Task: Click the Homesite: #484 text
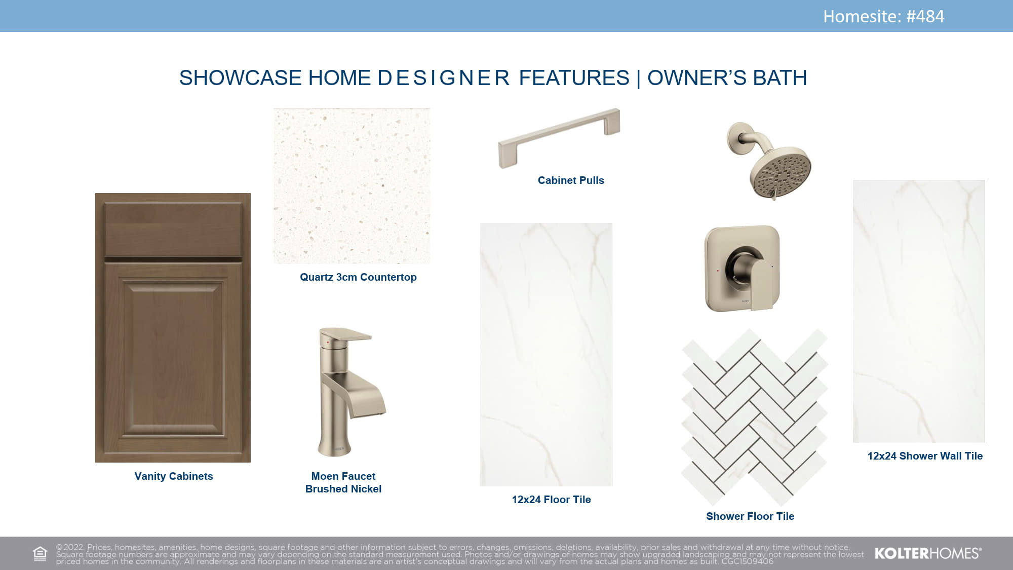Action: [x=883, y=16]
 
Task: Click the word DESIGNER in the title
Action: [x=444, y=78]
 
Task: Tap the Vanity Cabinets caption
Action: [x=174, y=476]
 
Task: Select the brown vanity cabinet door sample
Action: [x=173, y=327]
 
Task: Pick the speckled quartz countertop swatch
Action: [x=352, y=186]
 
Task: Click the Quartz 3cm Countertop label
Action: [x=358, y=277]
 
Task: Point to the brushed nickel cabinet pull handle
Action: [x=559, y=138]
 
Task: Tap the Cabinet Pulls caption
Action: [x=571, y=180]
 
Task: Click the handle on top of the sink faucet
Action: [x=346, y=335]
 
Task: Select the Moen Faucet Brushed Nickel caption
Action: [x=343, y=482]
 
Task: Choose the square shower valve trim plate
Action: [x=742, y=269]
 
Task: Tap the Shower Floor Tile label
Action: [x=750, y=516]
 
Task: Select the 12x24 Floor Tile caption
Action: [x=551, y=500]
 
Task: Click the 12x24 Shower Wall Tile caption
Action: [x=925, y=456]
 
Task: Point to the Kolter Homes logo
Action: [x=928, y=553]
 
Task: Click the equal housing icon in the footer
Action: [x=40, y=554]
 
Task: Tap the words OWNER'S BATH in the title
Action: [x=727, y=78]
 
